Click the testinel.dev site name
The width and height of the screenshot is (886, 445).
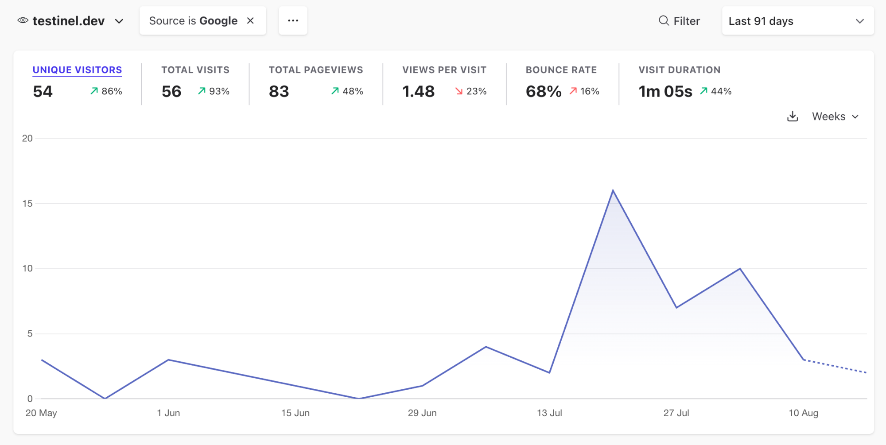click(69, 21)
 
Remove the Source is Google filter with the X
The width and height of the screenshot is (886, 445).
click(250, 21)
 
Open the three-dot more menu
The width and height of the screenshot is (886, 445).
click(293, 21)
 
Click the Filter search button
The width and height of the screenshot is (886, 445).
click(679, 21)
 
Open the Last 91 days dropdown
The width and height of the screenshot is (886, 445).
click(798, 21)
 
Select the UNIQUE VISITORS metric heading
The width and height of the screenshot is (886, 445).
click(78, 70)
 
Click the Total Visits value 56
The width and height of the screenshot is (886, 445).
click(171, 92)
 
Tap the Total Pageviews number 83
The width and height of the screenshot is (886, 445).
click(279, 92)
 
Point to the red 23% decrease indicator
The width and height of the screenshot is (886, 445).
click(471, 91)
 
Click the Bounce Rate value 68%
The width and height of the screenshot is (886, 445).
click(544, 92)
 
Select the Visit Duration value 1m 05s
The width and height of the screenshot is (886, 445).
click(665, 92)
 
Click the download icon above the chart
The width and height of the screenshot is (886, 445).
click(793, 116)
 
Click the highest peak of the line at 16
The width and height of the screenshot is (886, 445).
click(613, 190)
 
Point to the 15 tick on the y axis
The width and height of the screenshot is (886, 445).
click(27, 204)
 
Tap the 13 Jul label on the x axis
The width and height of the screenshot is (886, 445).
click(549, 413)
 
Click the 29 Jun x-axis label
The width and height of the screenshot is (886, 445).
click(422, 413)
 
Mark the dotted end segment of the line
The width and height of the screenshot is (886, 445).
click(835, 366)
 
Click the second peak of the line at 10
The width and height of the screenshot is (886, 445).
click(740, 269)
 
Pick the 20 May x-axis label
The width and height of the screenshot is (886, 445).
click(41, 413)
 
